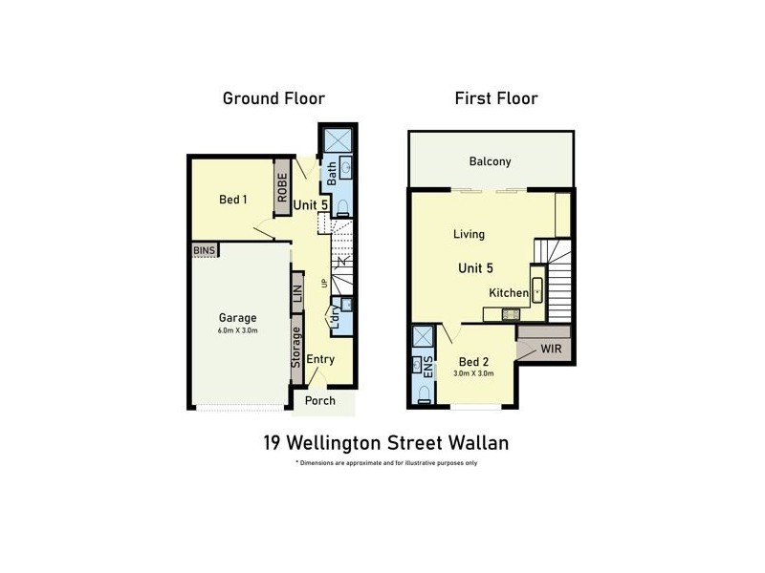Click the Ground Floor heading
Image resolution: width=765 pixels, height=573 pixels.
pos(273,98)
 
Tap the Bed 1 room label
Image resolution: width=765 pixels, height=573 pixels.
pos(233,200)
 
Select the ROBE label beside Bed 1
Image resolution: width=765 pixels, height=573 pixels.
pos(283,186)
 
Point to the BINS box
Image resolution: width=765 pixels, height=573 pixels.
pos(205,249)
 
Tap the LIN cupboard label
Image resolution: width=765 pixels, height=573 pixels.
pos(297,294)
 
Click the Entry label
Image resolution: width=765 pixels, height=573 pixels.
pos(320,359)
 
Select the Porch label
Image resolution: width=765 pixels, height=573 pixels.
pos(319,400)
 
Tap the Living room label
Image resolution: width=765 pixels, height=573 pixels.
pos(469,234)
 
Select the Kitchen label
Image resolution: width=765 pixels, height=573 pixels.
pos(508,292)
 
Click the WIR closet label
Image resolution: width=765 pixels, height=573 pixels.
pos(551,349)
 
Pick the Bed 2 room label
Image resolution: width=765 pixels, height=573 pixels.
pos(475,362)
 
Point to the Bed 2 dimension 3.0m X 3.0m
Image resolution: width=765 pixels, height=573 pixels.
pos(475,373)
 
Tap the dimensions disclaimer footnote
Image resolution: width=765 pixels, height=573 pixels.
pos(386,462)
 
